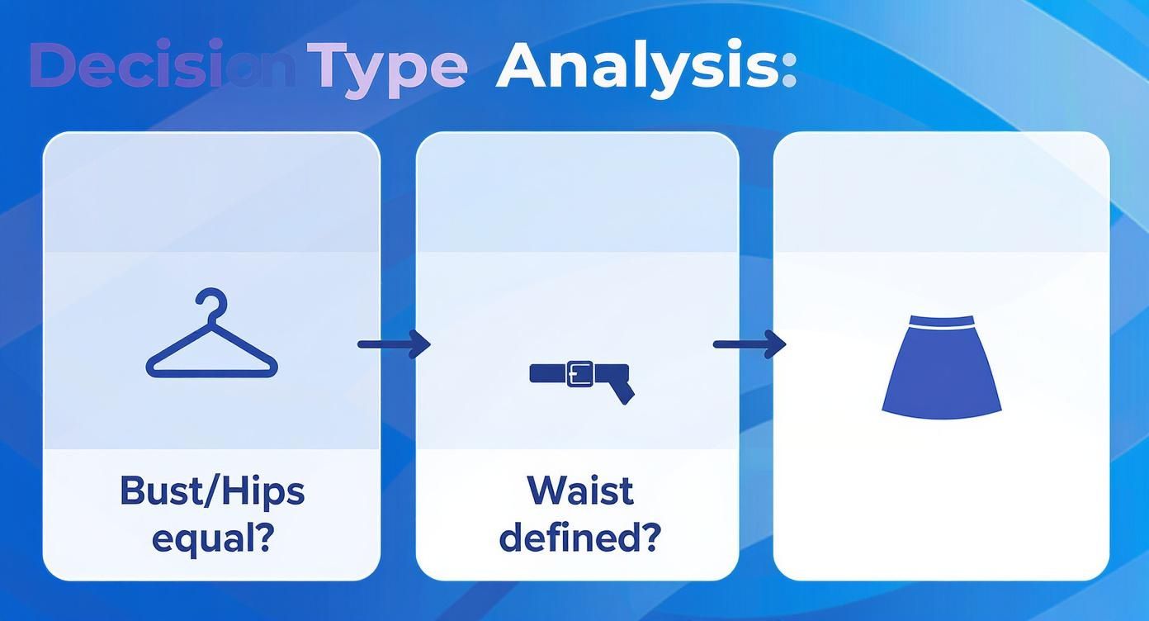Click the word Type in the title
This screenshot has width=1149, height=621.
387,69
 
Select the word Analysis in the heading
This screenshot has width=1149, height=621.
639,69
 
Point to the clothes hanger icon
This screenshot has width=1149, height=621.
212,334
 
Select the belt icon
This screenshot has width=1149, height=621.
582,380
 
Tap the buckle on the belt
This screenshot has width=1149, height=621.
580,373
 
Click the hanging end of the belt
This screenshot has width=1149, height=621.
622,392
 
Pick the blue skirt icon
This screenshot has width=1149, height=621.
942,367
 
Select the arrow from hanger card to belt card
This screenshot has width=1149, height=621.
394,344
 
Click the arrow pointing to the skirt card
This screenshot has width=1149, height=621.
749,344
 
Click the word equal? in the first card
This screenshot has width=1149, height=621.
213,540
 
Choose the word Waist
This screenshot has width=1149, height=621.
580,491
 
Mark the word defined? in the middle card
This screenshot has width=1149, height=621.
580,537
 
